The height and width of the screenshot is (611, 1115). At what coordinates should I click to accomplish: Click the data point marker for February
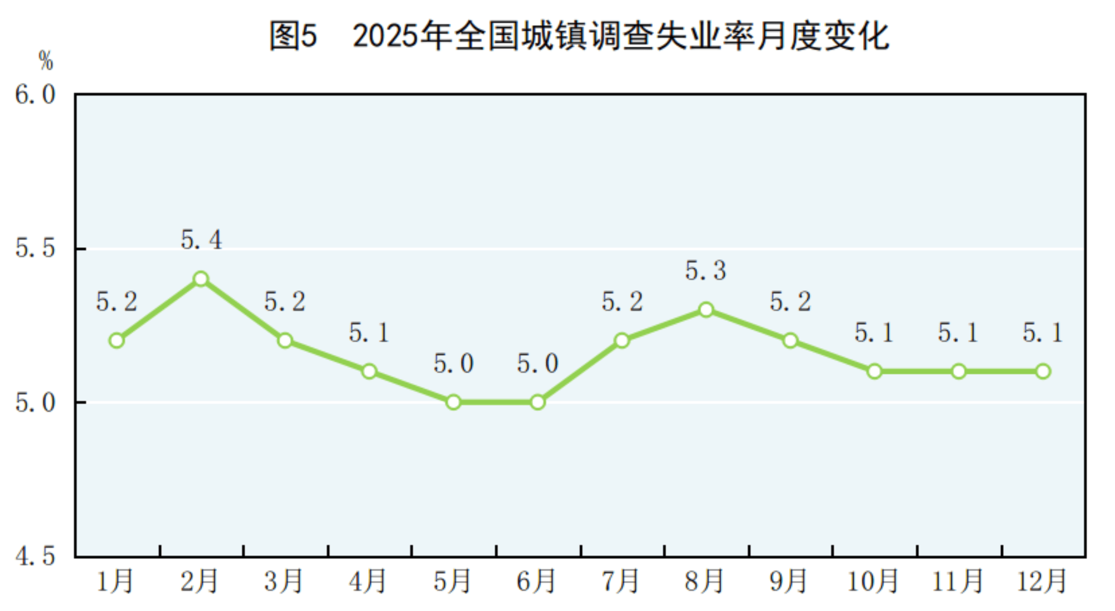tap(201, 279)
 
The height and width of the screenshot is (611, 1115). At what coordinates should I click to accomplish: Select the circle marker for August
tap(706, 310)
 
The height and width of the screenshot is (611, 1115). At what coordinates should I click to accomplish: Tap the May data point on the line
tap(454, 403)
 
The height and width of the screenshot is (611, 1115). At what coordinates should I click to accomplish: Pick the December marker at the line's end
tap(1043, 372)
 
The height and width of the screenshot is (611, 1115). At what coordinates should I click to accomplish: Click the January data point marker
tap(117, 341)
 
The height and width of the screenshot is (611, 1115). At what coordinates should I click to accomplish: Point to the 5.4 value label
tap(201, 240)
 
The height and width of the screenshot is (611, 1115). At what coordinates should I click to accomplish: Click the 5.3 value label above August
tap(706, 271)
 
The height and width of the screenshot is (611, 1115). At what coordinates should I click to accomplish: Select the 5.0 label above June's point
tap(538, 364)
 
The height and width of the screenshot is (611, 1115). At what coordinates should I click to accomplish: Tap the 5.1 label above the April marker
tap(369, 333)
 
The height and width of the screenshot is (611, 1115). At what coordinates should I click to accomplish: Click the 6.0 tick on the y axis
tap(35, 95)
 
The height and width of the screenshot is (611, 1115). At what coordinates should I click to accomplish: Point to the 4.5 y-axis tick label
tap(35, 556)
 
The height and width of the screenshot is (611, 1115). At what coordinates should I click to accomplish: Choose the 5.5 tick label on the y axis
tap(35, 248)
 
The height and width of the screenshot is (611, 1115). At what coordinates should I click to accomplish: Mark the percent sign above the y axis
tap(46, 61)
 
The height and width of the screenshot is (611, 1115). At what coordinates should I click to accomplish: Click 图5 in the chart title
tap(293, 36)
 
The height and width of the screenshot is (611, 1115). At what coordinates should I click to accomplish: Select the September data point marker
tap(790, 341)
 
